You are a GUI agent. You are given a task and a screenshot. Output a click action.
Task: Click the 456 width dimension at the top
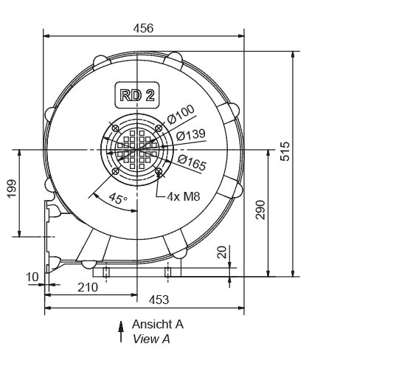pyautogui.click(x=143, y=28)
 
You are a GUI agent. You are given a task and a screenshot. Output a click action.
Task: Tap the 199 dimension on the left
pyautogui.click(x=11, y=190)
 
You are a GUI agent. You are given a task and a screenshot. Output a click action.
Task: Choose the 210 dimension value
pyautogui.click(x=86, y=287)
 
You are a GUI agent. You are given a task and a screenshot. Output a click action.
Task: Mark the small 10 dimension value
pyautogui.click(x=32, y=277)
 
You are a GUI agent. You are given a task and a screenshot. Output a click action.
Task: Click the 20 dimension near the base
pyautogui.click(x=222, y=252)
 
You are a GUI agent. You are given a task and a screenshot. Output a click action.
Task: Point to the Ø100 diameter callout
pyautogui.click(x=181, y=114)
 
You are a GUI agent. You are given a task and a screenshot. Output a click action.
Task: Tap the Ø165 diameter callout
pyautogui.click(x=192, y=165)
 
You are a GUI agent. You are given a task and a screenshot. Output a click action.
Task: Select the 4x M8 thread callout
pyautogui.click(x=183, y=197)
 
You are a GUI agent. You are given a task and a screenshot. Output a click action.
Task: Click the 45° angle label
pyautogui.click(x=117, y=198)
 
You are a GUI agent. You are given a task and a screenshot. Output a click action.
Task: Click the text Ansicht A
pyautogui.click(x=158, y=324)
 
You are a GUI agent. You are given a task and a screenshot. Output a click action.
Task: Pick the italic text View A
pyautogui.click(x=151, y=339)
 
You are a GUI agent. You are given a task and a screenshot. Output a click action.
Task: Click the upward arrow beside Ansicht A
pyautogui.click(x=121, y=331)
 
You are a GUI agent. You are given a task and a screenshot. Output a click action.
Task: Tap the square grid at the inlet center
pyautogui.click(x=137, y=149)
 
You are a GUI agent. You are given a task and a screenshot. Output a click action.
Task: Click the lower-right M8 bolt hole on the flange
pyautogui.click(x=160, y=173)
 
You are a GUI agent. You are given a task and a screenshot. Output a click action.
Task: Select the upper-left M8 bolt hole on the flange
pyautogui.click(x=115, y=128)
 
